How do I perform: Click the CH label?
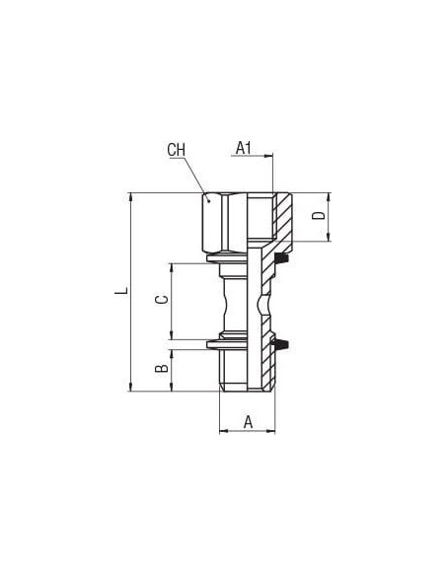[176, 150]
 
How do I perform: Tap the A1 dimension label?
[243, 148]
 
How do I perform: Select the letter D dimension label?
[319, 216]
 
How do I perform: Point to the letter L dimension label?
[121, 291]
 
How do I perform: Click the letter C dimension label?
[162, 300]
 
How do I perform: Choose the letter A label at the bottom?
[249, 422]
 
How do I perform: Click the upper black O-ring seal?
[282, 258]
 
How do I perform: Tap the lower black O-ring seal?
[282, 345]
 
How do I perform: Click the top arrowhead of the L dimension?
[131, 197]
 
